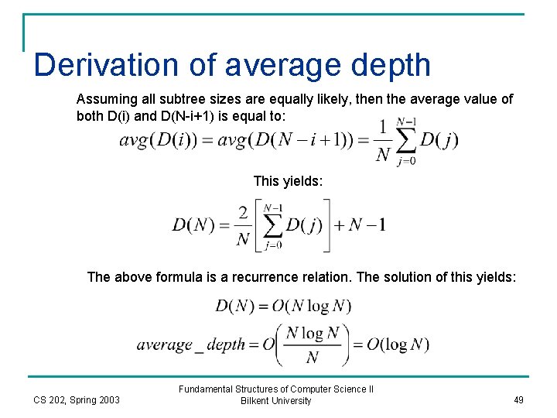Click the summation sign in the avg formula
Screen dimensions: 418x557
(x=406, y=139)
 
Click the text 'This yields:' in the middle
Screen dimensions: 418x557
(x=285, y=181)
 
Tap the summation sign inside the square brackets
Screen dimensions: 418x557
(x=272, y=225)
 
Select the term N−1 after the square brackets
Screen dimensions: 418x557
(x=367, y=225)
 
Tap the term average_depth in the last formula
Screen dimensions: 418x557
(x=191, y=344)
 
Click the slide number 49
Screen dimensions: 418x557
(x=518, y=400)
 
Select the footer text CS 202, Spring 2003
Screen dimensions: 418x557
(x=77, y=400)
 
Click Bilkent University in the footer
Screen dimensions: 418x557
(x=276, y=401)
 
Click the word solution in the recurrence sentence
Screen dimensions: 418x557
(x=411, y=277)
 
